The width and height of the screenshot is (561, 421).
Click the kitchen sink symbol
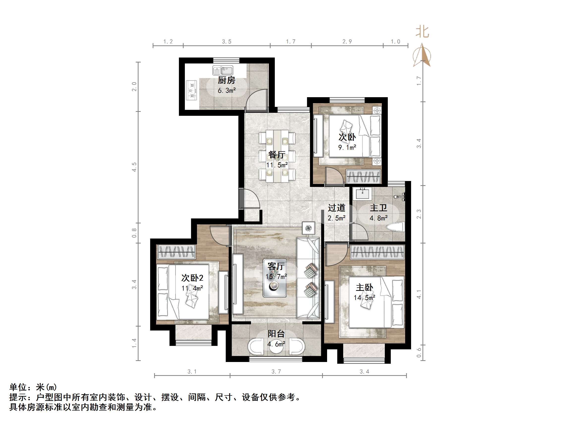click(223, 70)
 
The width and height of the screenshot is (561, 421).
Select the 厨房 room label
click(226, 80)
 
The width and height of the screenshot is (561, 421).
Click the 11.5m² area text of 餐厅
click(277, 165)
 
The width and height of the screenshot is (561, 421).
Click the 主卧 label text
click(365, 288)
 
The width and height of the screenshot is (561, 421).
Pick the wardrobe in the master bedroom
click(377, 252)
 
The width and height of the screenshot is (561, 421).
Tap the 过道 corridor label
click(337, 208)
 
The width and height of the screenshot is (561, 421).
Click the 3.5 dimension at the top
click(226, 42)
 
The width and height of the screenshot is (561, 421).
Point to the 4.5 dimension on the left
click(134, 167)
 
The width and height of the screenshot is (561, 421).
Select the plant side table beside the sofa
click(309, 228)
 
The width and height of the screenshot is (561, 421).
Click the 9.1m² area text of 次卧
click(347, 148)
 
